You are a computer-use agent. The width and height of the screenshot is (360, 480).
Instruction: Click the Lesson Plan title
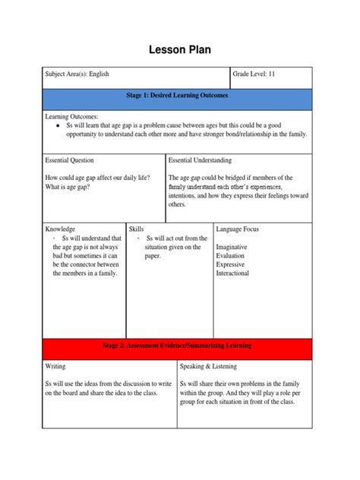point(179,49)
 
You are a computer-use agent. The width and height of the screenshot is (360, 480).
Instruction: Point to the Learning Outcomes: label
point(72,115)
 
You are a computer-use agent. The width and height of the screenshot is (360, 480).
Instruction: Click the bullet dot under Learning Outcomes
point(58,125)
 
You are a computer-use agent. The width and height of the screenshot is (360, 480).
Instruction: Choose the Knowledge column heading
point(60,228)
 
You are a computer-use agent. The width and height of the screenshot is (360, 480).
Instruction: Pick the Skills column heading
point(137,228)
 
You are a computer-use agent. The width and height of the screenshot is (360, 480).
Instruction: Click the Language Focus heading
point(240,228)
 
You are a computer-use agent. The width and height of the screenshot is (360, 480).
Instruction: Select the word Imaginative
point(233,247)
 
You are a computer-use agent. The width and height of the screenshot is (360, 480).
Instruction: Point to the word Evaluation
point(231,256)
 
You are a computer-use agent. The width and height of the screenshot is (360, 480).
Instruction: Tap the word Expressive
point(232,264)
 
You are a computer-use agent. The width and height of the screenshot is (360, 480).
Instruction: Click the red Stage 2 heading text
point(176,346)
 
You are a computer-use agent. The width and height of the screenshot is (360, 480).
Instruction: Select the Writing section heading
point(55,366)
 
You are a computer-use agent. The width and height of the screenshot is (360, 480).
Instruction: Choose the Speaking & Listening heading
point(208,366)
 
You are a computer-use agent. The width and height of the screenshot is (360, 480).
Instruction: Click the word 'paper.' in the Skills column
point(153,256)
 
